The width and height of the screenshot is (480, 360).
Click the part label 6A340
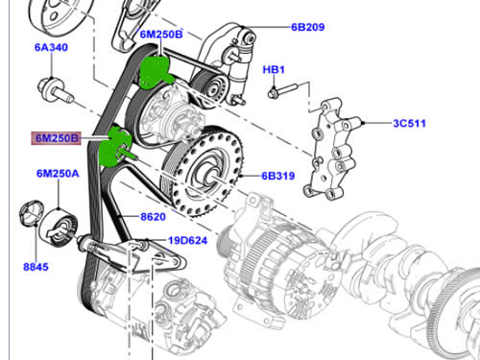[51, 47]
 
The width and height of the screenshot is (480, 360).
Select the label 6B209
[308, 27]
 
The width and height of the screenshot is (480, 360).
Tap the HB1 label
[274, 70]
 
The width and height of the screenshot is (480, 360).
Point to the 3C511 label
[409, 123]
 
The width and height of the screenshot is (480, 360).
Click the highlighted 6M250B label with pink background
[56, 138]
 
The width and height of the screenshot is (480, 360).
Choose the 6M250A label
[58, 174]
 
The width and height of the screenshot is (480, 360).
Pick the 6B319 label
[278, 176]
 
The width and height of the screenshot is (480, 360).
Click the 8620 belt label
[153, 217]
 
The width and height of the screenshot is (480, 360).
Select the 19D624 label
[188, 240]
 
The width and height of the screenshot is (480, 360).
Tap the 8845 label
[36, 267]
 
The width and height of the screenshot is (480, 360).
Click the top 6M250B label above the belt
[161, 35]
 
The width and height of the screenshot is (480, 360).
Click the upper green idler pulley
[156, 72]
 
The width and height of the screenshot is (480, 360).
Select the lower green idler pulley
[115, 147]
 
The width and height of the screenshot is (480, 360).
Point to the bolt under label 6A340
[55, 89]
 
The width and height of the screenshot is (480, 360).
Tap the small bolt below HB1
[282, 90]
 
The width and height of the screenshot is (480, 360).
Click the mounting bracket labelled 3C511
[333, 149]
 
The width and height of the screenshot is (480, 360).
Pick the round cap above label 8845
[32, 213]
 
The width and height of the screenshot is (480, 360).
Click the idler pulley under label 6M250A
[60, 228]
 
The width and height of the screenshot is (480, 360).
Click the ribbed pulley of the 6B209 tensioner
[210, 85]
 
